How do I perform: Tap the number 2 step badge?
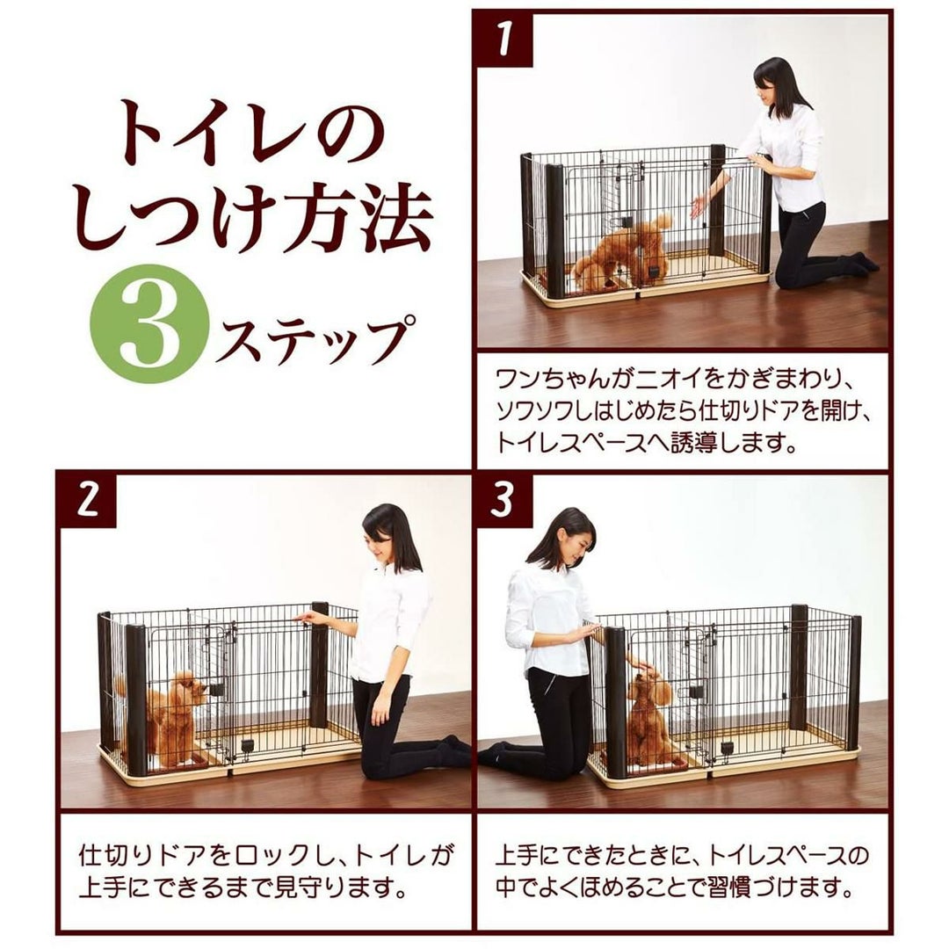(x=89, y=500)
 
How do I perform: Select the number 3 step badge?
(x=503, y=500)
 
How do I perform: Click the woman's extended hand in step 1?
(x=700, y=205)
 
